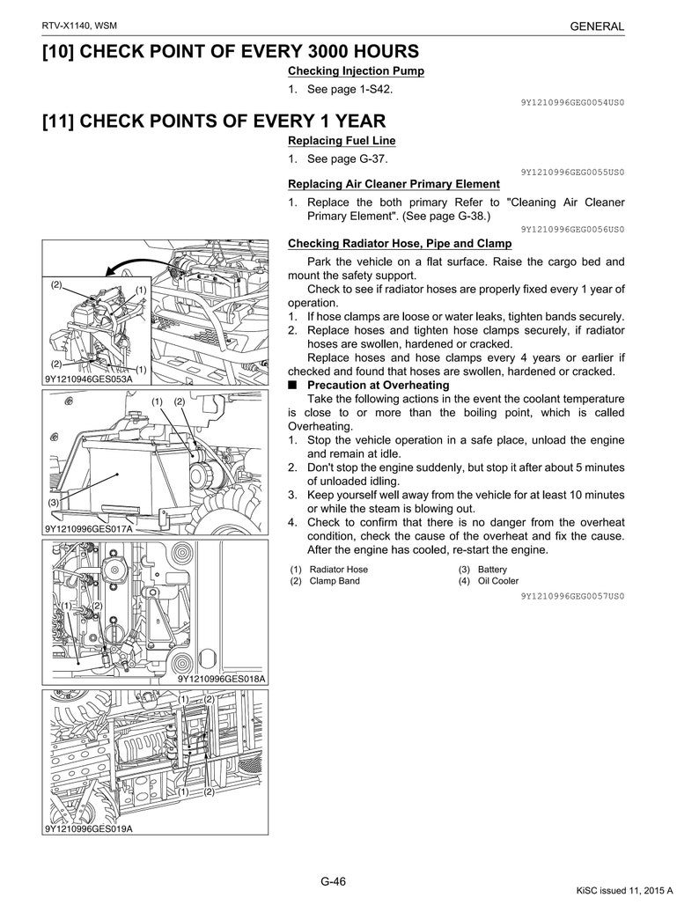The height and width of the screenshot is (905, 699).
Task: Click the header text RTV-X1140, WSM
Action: pyautogui.click(x=80, y=26)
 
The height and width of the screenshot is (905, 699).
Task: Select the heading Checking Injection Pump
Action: pyautogui.click(x=356, y=71)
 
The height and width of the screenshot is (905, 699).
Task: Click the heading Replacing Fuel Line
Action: pyautogui.click(x=342, y=141)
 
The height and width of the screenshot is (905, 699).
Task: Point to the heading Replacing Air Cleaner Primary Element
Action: pyautogui.click(x=394, y=184)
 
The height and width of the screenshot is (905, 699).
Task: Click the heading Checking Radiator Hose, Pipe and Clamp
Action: pyautogui.click(x=400, y=244)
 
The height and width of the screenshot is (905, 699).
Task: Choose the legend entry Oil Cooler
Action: pyautogui.click(x=498, y=581)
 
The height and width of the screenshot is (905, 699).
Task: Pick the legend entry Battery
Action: pyautogui.click(x=492, y=570)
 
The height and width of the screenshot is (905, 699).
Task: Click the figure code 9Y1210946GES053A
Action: pyautogui.click(x=88, y=379)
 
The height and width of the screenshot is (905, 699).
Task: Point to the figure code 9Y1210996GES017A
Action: pyautogui.click(x=88, y=529)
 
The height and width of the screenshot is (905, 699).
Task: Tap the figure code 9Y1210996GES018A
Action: pyautogui.click(x=221, y=679)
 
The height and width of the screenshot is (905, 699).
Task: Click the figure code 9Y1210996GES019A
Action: pyautogui.click(x=88, y=828)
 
